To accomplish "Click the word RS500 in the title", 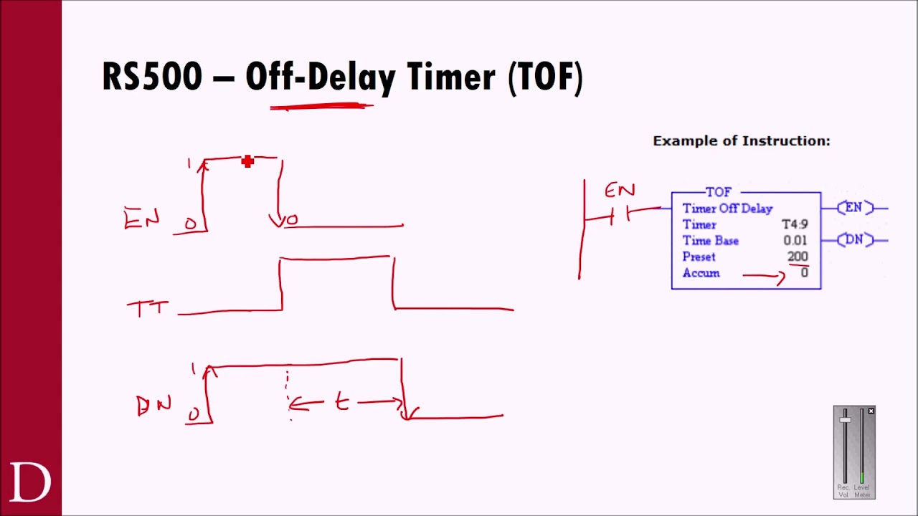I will [x=152, y=77].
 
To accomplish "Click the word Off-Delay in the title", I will [x=320, y=77].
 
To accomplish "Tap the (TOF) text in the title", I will [x=545, y=77].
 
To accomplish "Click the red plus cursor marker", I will [x=247, y=162].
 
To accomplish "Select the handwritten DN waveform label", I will [x=153, y=406].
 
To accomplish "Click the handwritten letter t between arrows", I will [x=341, y=403].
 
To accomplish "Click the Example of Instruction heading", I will [x=741, y=141].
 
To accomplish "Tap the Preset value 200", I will [x=798, y=257].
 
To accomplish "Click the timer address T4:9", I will [x=795, y=224].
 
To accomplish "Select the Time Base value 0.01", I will [x=795, y=241].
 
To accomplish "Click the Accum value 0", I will [x=804, y=273].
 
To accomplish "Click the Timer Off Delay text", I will [x=727, y=209].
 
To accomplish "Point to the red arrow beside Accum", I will [x=765, y=275].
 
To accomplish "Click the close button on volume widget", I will [x=871, y=411].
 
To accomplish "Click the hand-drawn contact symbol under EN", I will [x=620, y=215].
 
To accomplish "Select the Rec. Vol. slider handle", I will [x=846, y=420].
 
